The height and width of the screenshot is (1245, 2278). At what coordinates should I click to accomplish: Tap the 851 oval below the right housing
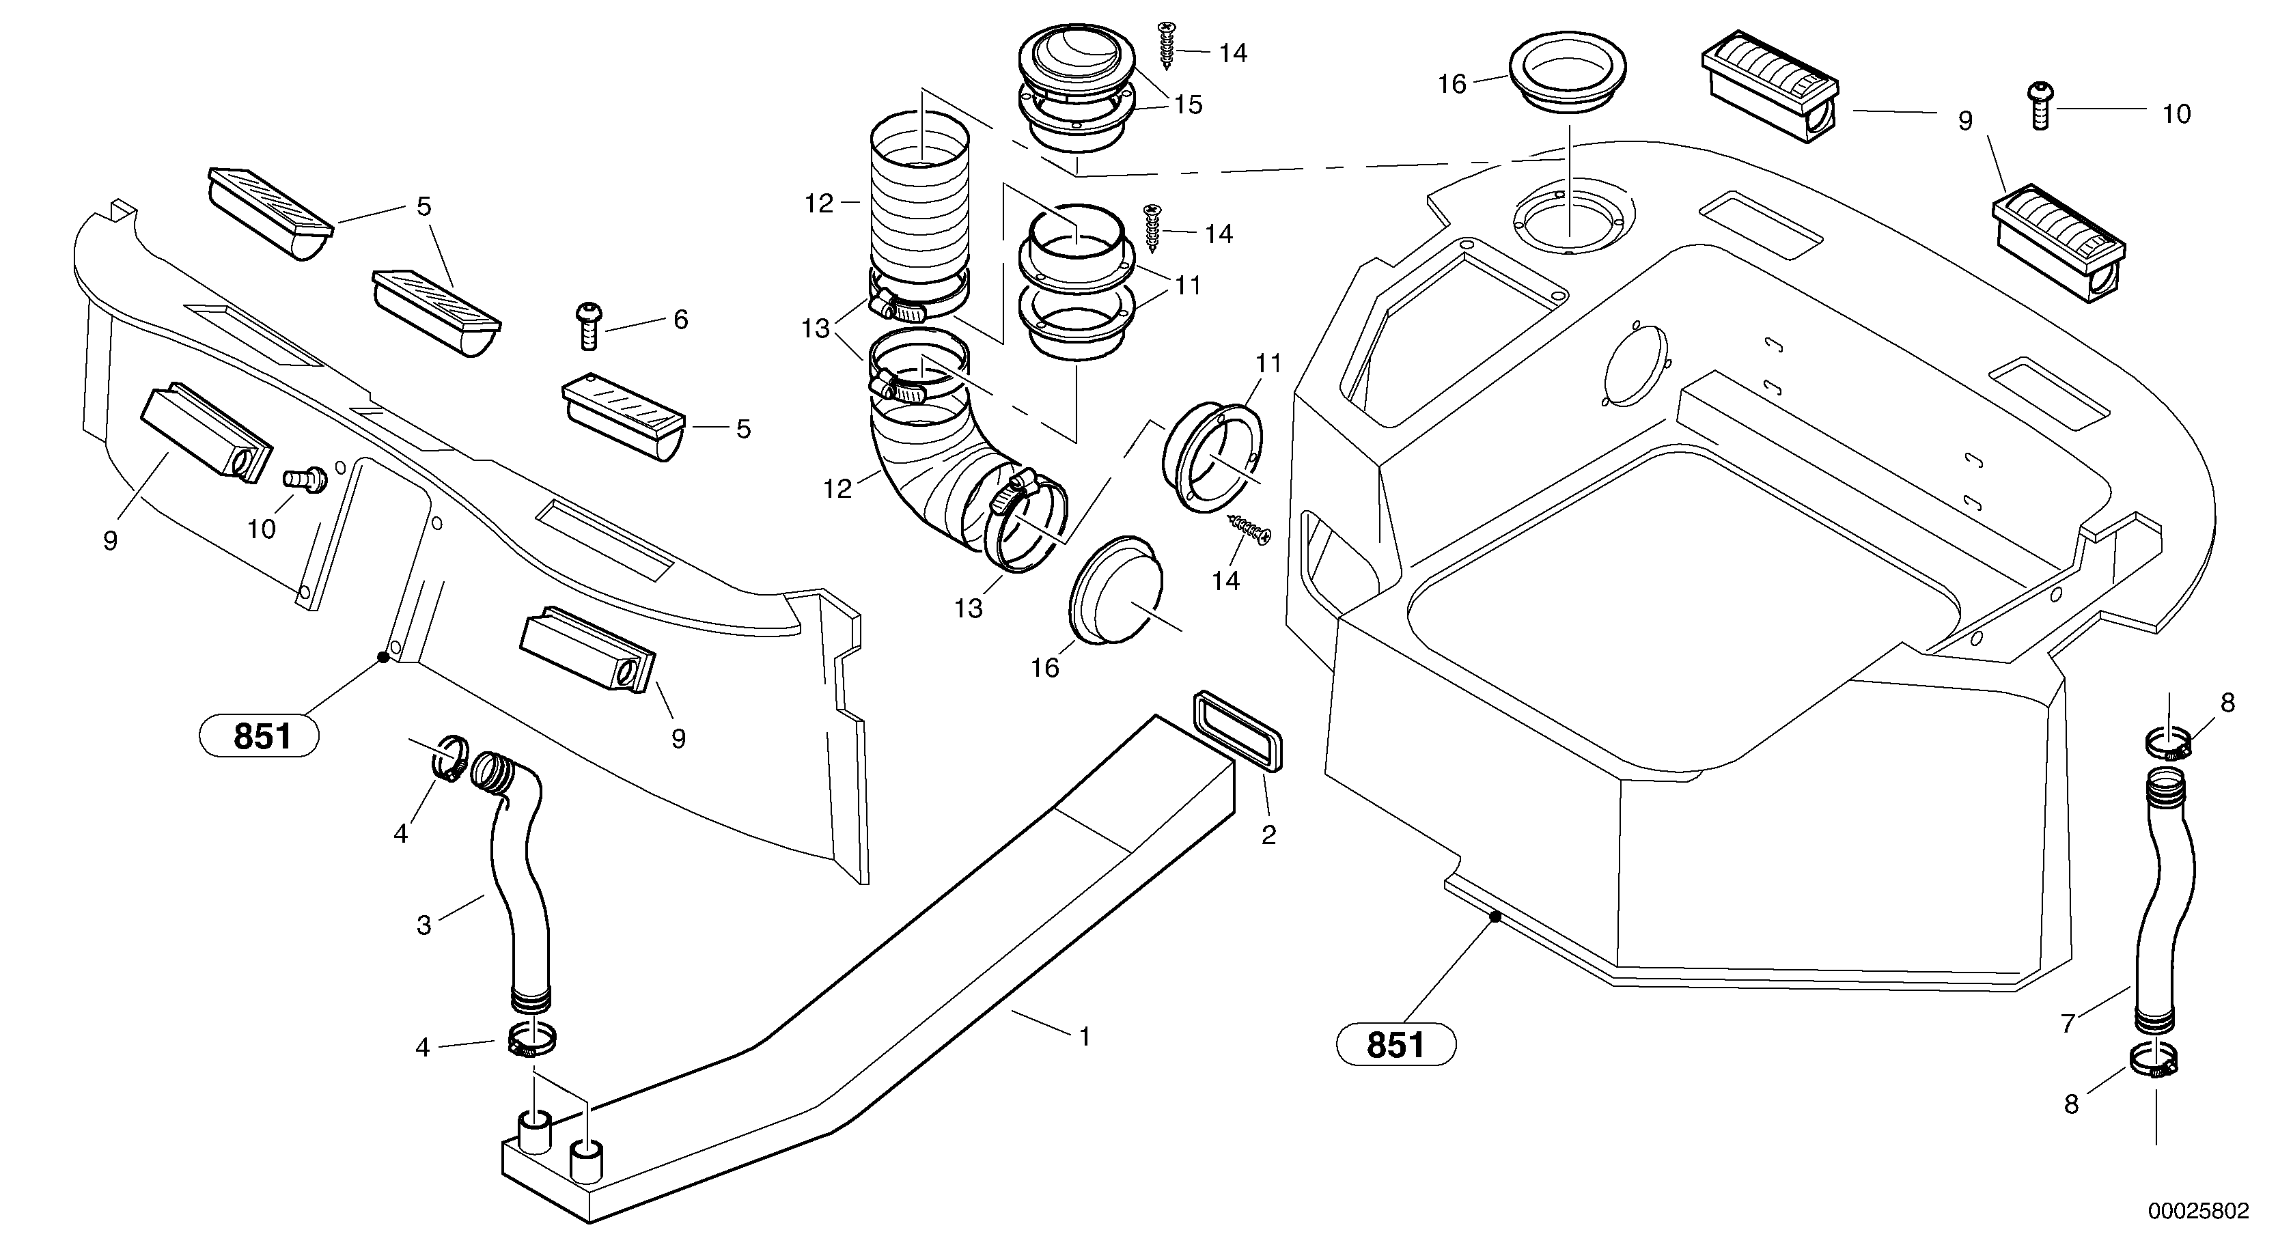(1395, 1044)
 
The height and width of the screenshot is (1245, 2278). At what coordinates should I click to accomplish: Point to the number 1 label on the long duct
(1085, 1035)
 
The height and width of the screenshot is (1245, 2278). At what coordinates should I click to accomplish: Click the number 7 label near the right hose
(2068, 1023)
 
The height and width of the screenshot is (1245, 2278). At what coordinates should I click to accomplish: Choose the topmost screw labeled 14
(1167, 44)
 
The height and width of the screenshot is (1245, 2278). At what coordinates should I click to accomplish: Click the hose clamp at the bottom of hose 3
(531, 1039)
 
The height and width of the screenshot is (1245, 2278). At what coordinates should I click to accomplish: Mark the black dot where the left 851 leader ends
(383, 656)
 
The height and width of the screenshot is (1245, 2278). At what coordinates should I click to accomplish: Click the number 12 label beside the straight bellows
(819, 204)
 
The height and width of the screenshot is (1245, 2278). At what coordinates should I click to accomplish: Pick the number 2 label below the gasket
(1268, 835)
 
